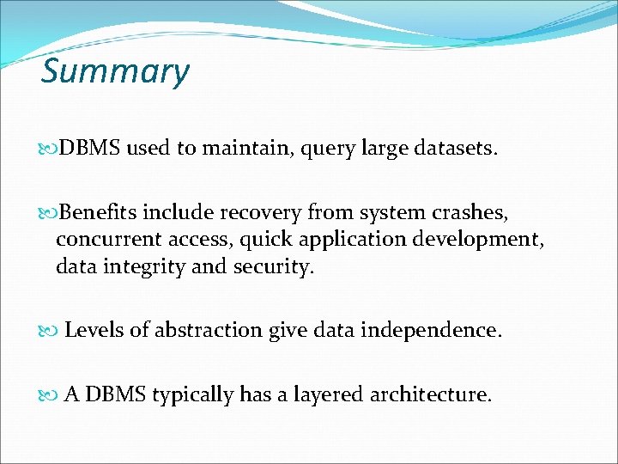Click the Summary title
click(x=115, y=72)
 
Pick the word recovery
click(x=256, y=211)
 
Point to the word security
click(x=272, y=267)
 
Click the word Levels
click(x=94, y=330)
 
